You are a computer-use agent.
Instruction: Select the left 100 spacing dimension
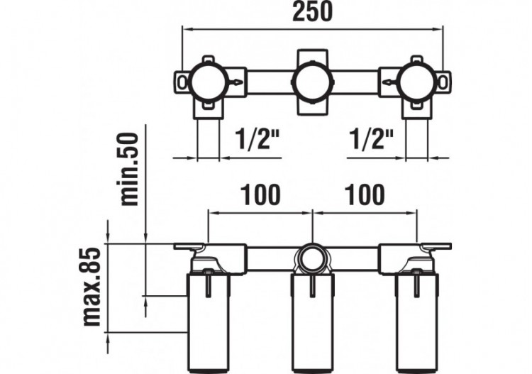coord(260,194)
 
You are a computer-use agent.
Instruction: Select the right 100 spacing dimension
coord(365,194)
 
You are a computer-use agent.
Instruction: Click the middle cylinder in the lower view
coord(312,323)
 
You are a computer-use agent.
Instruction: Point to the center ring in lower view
coord(312,258)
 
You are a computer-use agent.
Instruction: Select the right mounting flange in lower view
coord(436,247)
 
